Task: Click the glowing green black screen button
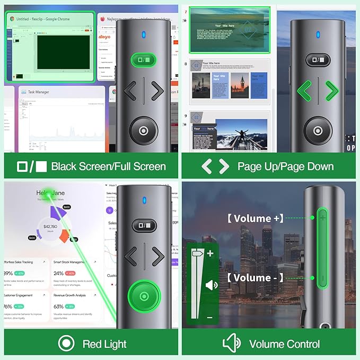143,60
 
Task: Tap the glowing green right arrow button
331,91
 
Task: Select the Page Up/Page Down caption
285,166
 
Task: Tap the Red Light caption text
104,344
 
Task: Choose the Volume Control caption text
284,344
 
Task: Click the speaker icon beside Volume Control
232,344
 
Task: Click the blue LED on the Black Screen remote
143,36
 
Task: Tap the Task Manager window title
39,92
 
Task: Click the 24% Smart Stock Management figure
59,273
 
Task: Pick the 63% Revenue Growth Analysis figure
58,306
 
